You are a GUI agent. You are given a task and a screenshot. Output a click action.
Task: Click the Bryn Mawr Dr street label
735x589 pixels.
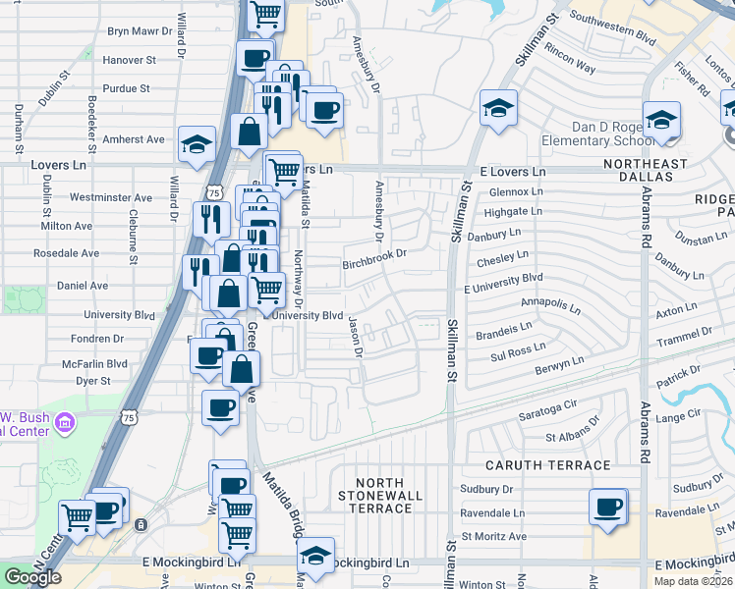pos(140,31)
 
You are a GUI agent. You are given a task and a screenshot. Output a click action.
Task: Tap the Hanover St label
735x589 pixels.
pos(129,60)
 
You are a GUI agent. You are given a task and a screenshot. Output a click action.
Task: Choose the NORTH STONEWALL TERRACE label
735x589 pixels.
pos(379,495)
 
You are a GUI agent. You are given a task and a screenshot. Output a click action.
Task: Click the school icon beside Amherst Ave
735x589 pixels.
pos(197,143)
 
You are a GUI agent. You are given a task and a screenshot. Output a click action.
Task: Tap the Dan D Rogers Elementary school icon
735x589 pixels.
pos(661,119)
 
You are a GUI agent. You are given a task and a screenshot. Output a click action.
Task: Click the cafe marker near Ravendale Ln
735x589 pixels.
pos(608,508)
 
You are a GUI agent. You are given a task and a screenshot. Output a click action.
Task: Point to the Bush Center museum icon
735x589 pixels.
pos(66,424)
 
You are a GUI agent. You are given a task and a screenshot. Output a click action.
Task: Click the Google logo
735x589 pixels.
pos(32,576)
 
